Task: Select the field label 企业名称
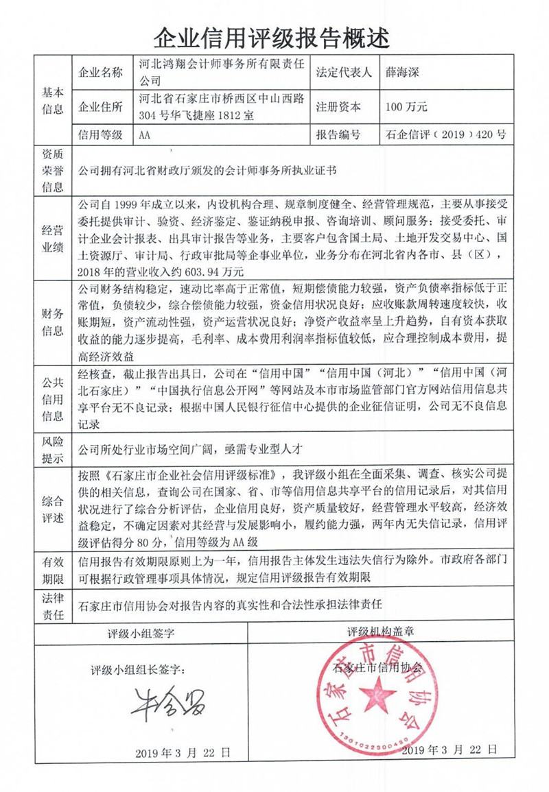coord(101,72)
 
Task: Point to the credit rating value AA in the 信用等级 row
coord(144,135)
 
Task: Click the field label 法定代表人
coord(343,72)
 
